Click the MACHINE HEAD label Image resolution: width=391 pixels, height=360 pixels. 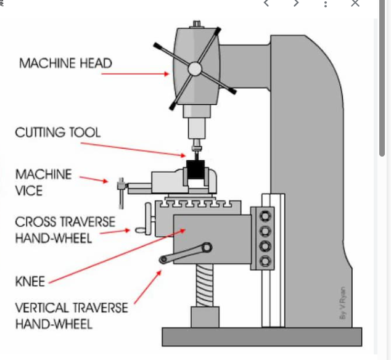pos(65,63)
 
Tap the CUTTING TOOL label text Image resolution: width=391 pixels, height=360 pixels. pos(58,132)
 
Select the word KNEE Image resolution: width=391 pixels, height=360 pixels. pos(30,282)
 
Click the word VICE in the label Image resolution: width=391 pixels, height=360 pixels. pos(29,190)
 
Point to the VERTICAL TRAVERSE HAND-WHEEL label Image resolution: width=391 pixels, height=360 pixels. pos(72,316)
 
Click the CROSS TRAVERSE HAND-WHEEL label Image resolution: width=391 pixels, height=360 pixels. pos(65,230)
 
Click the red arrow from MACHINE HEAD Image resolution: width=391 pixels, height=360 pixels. pos(135,74)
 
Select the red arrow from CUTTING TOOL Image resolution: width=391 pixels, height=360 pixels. pos(133,150)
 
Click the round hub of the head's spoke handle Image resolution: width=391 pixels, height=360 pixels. pos(195,69)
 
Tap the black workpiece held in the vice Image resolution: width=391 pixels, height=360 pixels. pos(196,170)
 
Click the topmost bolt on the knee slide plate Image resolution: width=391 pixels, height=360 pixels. pos(265,216)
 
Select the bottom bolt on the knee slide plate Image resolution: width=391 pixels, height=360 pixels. pos(265,261)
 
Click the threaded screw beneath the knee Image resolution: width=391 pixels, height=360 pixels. pos(205,285)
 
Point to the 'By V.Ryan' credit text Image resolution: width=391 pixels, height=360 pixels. pos(343,303)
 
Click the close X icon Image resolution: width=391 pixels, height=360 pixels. pos(355,3)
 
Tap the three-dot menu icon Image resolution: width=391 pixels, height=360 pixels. pos(326,4)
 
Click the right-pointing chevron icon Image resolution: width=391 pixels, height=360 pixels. pos(296,3)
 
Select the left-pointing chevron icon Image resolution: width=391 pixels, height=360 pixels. pos(266,3)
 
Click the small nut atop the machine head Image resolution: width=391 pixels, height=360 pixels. pos(197,24)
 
